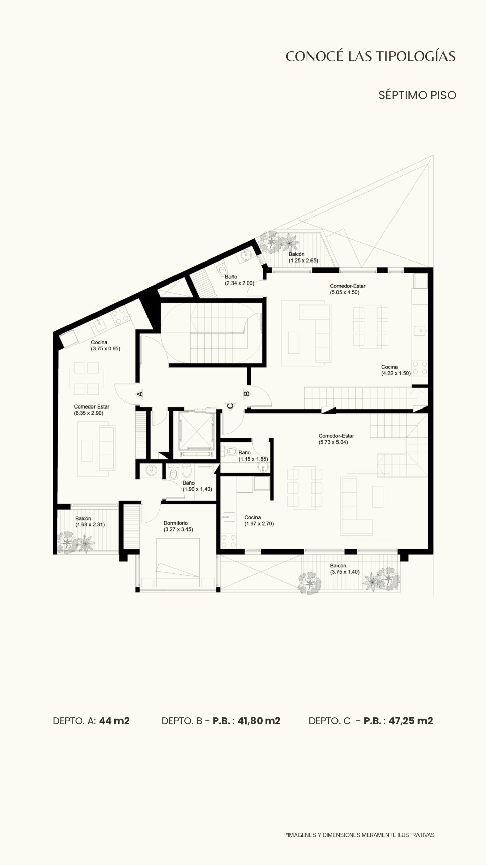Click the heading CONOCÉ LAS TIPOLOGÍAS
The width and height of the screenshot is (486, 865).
point(371,56)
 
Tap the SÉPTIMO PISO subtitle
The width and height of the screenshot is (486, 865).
point(417,95)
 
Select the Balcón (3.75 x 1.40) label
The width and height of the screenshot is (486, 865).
point(345,569)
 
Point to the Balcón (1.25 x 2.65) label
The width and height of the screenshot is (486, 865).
point(303,257)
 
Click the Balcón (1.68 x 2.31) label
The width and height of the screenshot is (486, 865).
point(90,521)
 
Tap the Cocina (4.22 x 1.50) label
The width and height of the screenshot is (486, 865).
point(396,370)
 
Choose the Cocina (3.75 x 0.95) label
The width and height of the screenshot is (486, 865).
point(105,345)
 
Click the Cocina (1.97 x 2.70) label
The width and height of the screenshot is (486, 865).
point(259,520)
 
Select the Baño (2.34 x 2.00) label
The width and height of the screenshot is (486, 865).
point(240,280)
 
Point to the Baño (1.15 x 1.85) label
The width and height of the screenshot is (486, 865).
point(253,455)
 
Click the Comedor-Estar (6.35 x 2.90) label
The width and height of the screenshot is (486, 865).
point(91,410)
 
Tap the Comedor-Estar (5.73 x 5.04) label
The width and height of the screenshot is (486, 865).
point(336,439)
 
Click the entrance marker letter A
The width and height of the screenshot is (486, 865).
point(140,394)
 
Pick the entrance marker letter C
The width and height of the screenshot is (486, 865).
point(230,406)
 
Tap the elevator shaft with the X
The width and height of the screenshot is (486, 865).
point(196,431)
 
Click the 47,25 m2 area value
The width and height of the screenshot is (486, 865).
point(411,721)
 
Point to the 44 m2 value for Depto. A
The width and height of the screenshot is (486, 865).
point(114,721)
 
